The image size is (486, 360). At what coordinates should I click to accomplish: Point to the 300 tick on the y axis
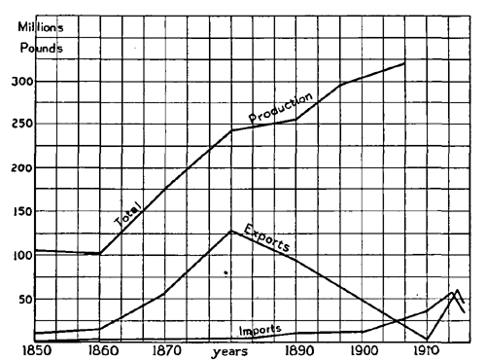tap(17, 82)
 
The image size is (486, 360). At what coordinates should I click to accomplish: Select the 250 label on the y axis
tap(17, 125)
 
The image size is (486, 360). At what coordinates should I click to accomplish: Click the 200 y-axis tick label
tap(17, 168)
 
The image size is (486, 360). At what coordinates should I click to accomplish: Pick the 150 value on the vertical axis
tap(17, 211)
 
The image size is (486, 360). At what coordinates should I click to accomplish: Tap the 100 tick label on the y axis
tap(17, 255)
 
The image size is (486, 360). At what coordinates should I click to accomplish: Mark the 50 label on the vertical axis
tap(21, 298)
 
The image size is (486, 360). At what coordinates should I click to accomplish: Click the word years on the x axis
tap(229, 351)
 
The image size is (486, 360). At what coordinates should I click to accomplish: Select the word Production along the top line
tap(280, 108)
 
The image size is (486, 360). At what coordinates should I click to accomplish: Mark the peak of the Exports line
tap(230, 231)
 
